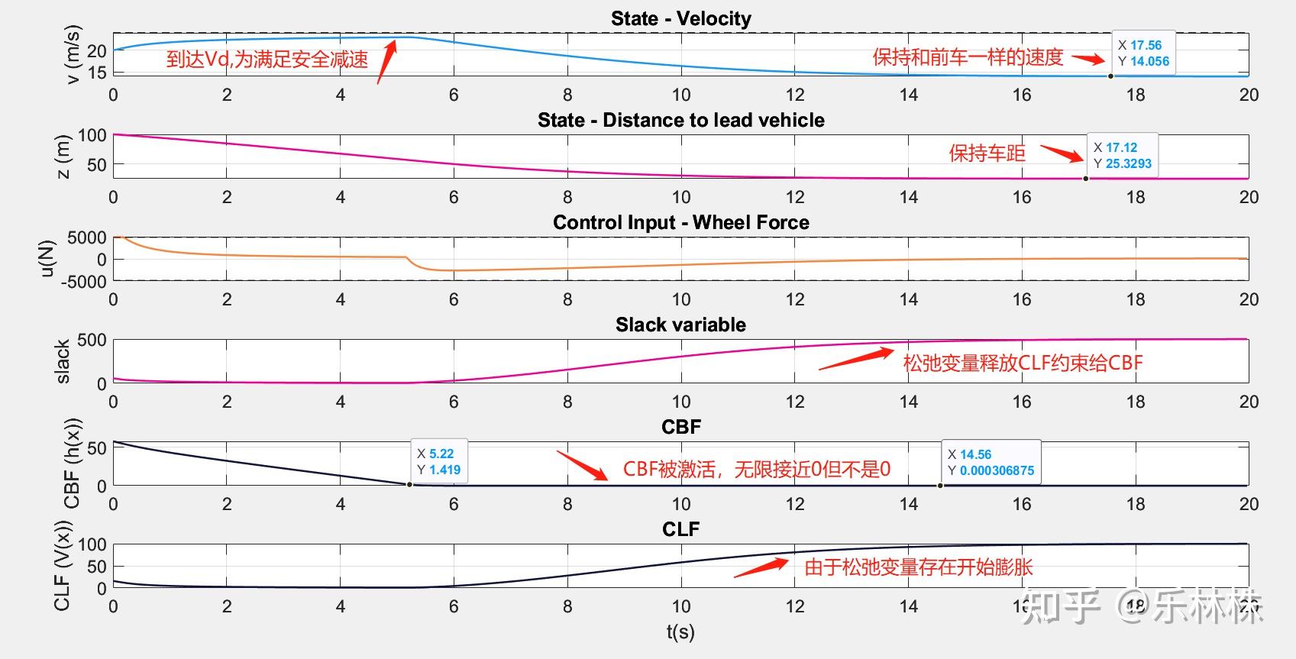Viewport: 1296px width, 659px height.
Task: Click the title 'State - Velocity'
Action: pos(680,18)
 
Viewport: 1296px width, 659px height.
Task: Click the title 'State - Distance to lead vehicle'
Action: pos(680,120)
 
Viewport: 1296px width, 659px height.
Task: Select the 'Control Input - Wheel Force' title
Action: pos(680,222)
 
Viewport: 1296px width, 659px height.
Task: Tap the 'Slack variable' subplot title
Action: pos(680,325)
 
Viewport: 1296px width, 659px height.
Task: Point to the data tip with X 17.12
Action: pos(1121,155)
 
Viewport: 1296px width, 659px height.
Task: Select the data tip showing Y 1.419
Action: pos(438,461)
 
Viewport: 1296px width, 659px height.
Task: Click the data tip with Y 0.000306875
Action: pos(991,462)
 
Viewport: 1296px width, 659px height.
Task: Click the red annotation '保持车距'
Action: pos(987,153)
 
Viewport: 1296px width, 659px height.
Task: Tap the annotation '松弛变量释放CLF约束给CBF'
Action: pos(1023,363)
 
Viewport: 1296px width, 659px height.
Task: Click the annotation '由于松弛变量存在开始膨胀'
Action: pos(918,567)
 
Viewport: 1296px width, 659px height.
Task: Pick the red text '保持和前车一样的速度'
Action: pos(968,57)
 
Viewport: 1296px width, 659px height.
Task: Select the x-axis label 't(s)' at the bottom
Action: pos(680,632)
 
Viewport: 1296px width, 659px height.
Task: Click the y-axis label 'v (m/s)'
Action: pos(73,54)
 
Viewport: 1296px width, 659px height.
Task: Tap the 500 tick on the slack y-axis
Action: pos(92,340)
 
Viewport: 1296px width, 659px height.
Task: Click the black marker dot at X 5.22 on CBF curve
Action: pos(409,484)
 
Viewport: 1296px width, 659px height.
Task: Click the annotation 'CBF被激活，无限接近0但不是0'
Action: pos(756,469)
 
